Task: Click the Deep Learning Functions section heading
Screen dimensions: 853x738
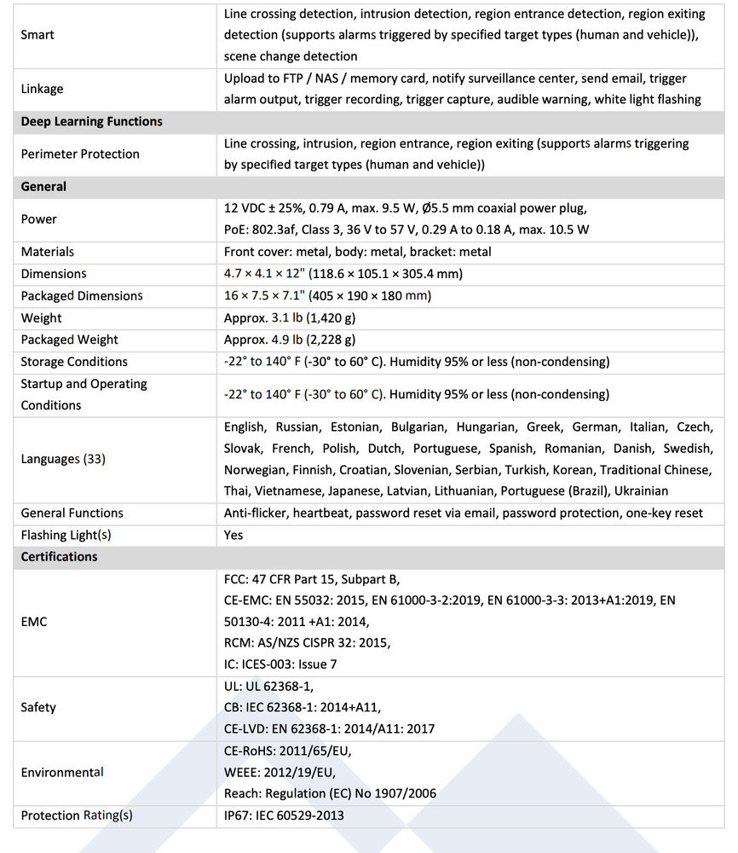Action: (91, 121)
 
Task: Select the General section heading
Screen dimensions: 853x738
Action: (43, 186)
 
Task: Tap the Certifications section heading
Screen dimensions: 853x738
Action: (59, 556)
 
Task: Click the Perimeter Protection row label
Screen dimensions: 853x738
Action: (80, 154)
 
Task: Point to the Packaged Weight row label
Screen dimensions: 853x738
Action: (69, 339)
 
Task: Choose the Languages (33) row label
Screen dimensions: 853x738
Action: (62, 459)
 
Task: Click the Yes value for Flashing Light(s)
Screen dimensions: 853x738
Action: (234, 535)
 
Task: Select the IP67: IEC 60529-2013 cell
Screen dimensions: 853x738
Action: (284, 815)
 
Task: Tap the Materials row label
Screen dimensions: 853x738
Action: (48, 252)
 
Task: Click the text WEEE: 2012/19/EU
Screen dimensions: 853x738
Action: (280, 772)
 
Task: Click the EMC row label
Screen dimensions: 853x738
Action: (34, 622)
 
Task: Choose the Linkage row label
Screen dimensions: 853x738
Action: (42, 89)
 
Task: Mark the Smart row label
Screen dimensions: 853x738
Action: (37, 35)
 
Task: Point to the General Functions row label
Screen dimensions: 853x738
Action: (72, 513)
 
